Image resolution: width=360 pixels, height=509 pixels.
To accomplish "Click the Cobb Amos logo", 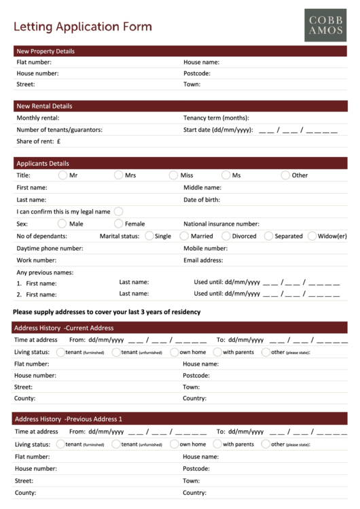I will click(325, 24).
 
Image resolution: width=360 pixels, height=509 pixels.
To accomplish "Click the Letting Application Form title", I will click(83, 27).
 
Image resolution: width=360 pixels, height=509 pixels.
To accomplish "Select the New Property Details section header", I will click(46, 51).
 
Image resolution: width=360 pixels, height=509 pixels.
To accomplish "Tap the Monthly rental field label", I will click(37, 118).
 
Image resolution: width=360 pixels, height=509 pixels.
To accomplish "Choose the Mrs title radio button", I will click(119, 175).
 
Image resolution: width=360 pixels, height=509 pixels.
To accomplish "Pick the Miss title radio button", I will click(174, 175).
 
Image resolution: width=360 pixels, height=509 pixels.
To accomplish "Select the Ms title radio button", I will click(226, 175).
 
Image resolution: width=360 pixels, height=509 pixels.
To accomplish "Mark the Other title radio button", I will click(285, 175).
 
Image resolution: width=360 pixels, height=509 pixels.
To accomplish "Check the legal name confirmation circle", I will click(119, 211).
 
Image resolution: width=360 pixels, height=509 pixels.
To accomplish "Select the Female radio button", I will click(119, 224).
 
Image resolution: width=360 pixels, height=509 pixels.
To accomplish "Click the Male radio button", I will click(62, 224).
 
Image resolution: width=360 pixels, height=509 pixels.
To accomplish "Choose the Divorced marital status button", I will click(226, 236).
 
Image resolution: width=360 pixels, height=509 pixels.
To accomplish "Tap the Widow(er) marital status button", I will click(312, 236).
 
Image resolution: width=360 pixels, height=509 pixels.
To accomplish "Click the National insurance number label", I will click(221, 224).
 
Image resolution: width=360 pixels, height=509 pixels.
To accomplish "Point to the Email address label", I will click(203, 260).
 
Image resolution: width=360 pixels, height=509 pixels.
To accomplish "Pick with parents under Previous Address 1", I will click(217, 444).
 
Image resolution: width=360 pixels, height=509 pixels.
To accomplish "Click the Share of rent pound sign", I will click(59, 141).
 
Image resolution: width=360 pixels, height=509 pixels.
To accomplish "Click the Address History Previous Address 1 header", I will click(68, 419).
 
